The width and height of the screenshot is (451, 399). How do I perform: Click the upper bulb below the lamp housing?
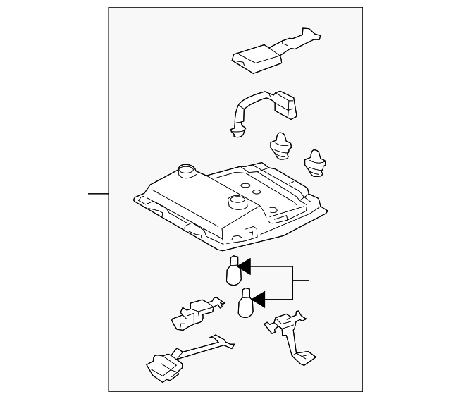click(233, 271)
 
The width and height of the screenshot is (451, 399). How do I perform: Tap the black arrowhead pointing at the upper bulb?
click(245, 266)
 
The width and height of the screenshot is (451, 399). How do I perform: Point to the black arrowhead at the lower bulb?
click(258, 300)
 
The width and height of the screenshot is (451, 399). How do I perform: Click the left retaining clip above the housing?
click(281, 144)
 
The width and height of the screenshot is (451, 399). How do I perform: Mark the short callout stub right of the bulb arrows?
click(301, 281)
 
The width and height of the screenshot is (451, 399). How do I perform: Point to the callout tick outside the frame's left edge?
click(98, 192)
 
